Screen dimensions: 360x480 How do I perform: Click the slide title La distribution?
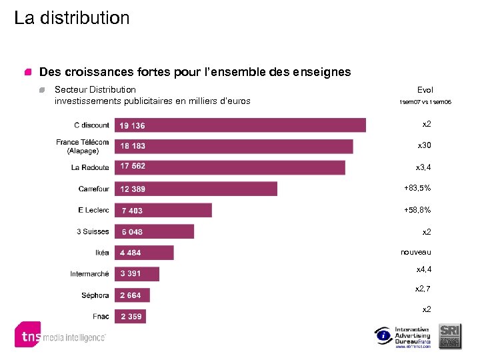coord(72,18)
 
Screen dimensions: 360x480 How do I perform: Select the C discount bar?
coord(241,125)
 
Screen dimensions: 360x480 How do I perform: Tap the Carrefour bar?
coord(197,189)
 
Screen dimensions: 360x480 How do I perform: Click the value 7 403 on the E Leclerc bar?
coord(132,211)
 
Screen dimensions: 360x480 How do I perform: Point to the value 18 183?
coord(133,146)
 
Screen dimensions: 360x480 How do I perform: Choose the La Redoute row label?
coord(90,167)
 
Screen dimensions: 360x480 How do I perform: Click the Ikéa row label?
coord(102,253)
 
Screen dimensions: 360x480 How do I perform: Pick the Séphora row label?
coord(95,295)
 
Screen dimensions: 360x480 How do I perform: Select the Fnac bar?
coord(131,317)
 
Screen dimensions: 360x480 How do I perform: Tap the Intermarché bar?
coord(137,274)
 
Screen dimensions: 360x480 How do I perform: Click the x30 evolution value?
coord(424,145)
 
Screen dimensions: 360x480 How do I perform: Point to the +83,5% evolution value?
coord(417,188)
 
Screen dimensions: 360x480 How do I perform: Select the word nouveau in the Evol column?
coord(416,252)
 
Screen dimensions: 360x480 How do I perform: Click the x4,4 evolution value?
coord(424,269)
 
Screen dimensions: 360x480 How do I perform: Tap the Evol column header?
coord(425,90)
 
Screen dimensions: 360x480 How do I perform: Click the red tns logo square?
coord(27,335)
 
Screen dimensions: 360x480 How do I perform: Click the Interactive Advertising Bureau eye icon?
coord(383,335)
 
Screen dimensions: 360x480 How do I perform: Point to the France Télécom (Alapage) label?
coord(83,146)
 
